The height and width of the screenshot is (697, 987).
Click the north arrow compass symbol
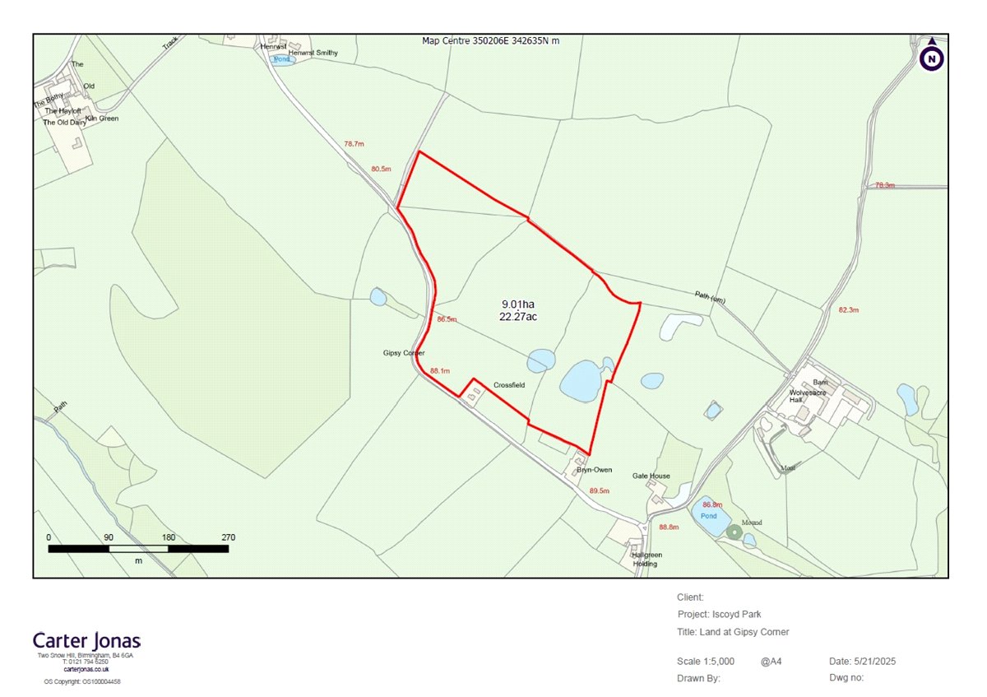point(932,57)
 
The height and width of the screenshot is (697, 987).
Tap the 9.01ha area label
point(518,304)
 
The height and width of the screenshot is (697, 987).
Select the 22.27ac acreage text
point(518,316)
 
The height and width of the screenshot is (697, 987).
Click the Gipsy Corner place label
point(404,353)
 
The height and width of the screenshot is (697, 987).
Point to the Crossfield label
point(509,384)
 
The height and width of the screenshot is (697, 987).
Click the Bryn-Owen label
point(595,470)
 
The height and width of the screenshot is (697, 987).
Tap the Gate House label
point(651,476)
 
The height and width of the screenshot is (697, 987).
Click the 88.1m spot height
point(439,371)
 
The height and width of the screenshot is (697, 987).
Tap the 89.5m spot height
point(600,490)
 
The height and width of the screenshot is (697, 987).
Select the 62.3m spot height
point(848,310)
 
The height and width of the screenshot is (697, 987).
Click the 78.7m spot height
point(354,144)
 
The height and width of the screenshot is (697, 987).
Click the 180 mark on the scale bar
point(169,537)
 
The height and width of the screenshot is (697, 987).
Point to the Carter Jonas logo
point(87,640)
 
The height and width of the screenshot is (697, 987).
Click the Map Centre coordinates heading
point(490,40)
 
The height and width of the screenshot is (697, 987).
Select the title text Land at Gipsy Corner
point(744,632)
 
